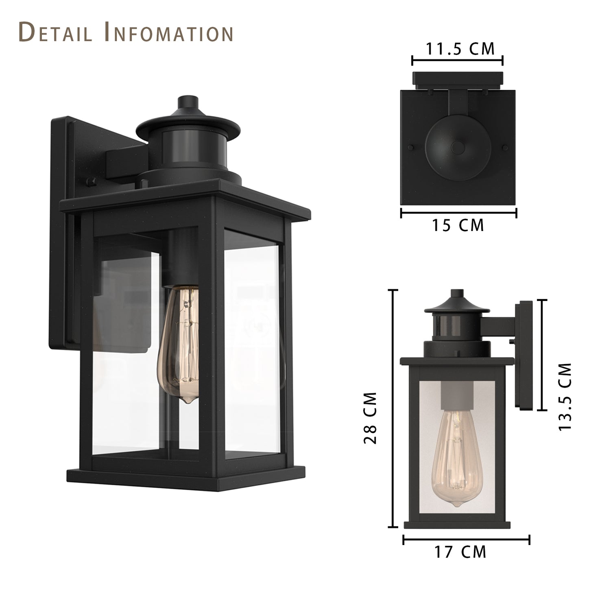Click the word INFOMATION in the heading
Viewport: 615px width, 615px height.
click(x=169, y=33)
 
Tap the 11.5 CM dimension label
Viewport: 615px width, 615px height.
click(x=460, y=49)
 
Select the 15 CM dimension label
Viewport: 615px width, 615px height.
click(x=458, y=225)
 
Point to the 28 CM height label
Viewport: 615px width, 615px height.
click(x=371, y=418)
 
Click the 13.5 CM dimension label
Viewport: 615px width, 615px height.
click(x=565, y=397)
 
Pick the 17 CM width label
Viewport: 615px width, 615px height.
click(x=460, y=552)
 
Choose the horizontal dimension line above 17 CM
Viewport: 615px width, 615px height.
click(x=466, y=540)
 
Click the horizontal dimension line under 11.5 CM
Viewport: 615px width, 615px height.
click(x=458, y=61)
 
